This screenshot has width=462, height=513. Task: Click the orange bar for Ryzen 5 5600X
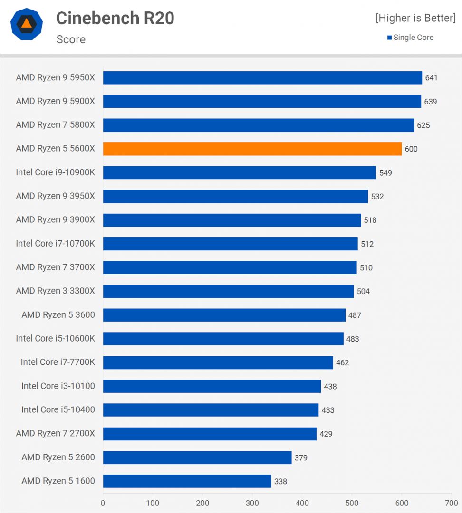pos(252,149)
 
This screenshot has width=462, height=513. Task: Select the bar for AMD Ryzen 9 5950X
pos(262,77)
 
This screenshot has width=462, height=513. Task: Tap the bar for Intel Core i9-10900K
pos(240,172)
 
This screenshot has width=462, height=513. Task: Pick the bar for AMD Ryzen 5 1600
pos(187,481)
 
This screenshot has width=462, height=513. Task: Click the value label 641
pos(431,78)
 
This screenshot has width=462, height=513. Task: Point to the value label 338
pos(280,482)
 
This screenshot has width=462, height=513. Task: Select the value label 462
pos(342,363)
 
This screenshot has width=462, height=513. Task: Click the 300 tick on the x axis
pos(252,503)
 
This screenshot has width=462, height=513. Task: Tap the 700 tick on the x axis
pos(452,503)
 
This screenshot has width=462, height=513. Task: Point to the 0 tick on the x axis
pos(103,503)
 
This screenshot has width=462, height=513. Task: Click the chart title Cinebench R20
pos(115,19)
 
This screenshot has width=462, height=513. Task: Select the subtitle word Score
pos(71,39)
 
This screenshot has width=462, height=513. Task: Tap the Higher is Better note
pos(415,18)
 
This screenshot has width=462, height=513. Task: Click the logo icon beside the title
pos(27,24)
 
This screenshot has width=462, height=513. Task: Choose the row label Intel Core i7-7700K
pos(58,362)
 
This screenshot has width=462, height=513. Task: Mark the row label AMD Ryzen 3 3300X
pos(55,291)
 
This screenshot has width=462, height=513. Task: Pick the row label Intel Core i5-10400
pos(58,410)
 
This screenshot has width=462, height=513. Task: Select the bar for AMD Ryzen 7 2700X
pos(210,434)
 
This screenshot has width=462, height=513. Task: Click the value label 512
pos(367,244)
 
